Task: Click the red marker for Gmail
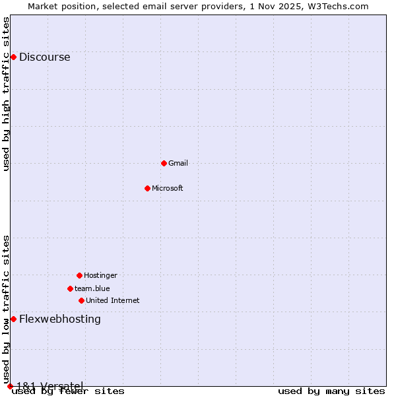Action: (x=164, y=163)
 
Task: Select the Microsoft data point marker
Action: (x=147, y=188)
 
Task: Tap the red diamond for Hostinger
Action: (x=79, y=275)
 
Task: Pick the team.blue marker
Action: (x=70, y=288)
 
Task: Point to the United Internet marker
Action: (x=81, y=300)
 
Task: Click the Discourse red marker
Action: (x=13, y=57)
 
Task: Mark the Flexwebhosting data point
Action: (x=13, y=319)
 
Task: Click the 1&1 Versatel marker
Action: (x=10, y=386)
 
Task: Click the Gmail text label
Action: (x=178, y=163)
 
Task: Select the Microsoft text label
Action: (x=168, y=188)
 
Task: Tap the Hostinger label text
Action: (x=100, y=275)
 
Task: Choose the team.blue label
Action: (x=92, y=288)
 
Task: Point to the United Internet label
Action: (x=113, y=300)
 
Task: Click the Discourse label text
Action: (x=45, y=57)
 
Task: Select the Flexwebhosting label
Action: (x=60, y=319)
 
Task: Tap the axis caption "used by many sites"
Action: (x=331, y=391)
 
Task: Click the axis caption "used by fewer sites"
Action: (x=68, y=391)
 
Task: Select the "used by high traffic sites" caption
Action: (x=7, y=94)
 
